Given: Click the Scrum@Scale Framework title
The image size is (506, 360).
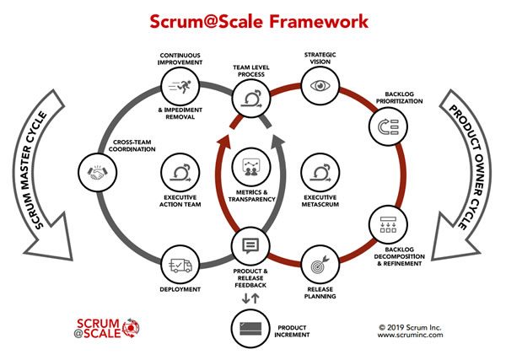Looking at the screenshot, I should [252, 19].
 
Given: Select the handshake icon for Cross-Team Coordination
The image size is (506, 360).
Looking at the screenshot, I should [95, 172].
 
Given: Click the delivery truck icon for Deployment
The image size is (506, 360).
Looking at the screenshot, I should [181, 266].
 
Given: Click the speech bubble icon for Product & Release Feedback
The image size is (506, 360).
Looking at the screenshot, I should [250, 246].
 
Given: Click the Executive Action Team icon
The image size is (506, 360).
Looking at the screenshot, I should [180, 172].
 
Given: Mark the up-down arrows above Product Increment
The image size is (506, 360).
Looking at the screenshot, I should [250, 298].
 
